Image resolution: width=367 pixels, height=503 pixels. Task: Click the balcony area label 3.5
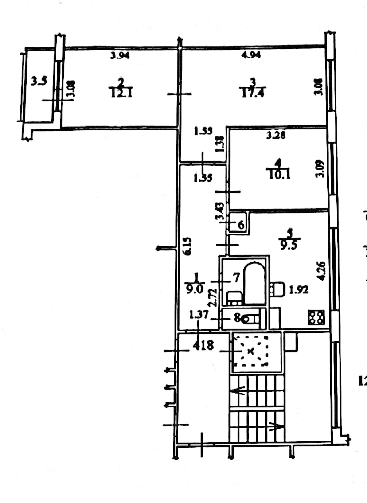(39, 81)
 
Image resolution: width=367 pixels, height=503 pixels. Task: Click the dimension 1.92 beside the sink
(298, 290)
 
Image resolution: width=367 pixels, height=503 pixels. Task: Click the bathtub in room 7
(254, 284)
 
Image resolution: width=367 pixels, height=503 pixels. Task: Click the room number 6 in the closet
(241, 225)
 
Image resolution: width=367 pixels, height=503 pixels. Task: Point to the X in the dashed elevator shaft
(251, 351)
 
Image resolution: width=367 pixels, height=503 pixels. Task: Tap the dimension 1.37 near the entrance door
(198, 315)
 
